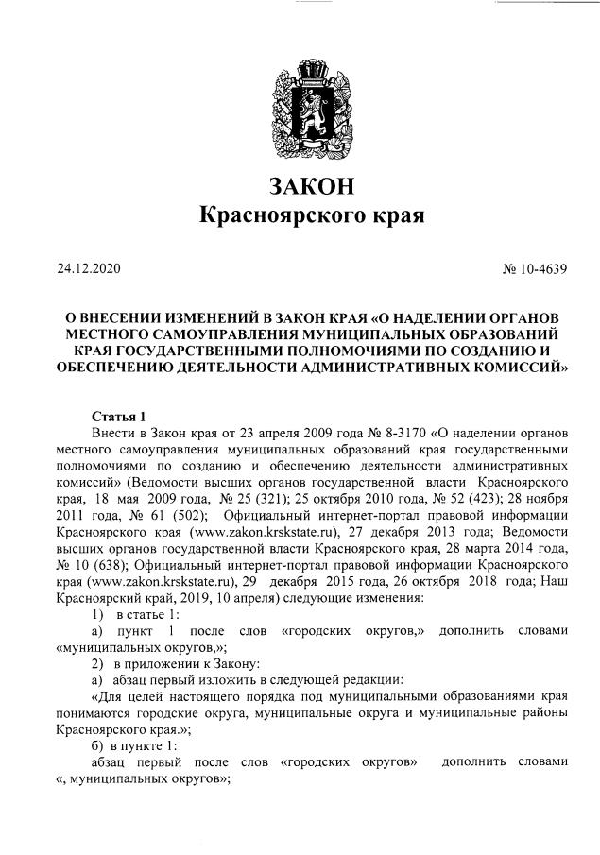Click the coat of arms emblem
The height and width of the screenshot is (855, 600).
coord(300,104)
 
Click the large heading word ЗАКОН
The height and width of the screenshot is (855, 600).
coord(300,181)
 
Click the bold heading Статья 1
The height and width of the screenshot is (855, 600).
coord(118,416)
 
